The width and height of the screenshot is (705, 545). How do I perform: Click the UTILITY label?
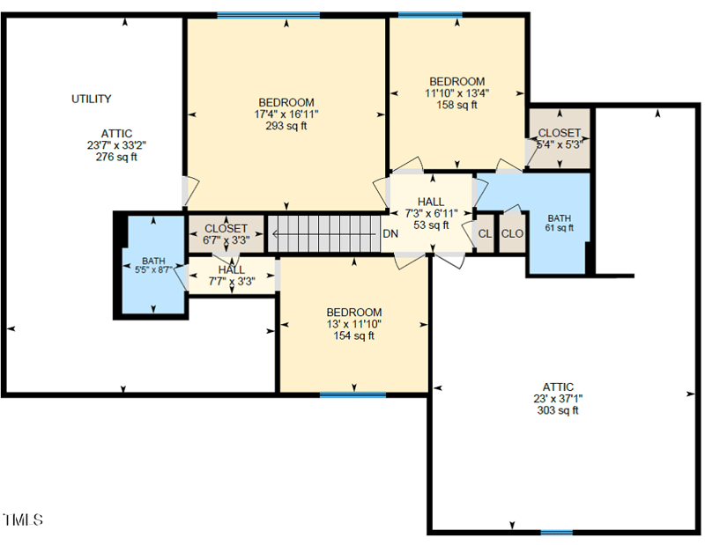point(92,99)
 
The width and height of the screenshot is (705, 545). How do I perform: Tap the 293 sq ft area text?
point(286,126)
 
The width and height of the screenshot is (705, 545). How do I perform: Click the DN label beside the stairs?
point(390,234)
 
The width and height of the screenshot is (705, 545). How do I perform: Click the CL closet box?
point(485,234)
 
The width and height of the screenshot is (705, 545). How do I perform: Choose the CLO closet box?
point(512,234)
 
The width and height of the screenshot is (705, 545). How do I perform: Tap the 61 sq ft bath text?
point(559,227)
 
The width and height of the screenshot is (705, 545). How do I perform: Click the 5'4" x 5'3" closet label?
point(559,144)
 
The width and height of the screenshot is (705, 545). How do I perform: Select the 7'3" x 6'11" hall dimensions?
point(431,213)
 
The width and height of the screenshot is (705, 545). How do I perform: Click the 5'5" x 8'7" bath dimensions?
point(154,270)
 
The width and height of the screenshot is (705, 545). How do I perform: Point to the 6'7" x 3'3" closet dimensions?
point(226,239)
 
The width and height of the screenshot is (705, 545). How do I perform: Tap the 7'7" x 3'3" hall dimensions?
point(232,281)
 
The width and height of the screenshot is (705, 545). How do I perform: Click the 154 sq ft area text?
point(353,335)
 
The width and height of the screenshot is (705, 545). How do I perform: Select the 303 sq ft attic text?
point(558,410)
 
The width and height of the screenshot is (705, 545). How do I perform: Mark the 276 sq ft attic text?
point(116,158)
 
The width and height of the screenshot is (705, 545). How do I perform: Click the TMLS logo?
point(23,520)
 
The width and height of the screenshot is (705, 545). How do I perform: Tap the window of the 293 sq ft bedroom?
point(268,15)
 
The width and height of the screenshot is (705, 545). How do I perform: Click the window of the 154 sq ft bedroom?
point(352,394)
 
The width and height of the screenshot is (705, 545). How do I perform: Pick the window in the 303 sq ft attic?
point(556,532)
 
